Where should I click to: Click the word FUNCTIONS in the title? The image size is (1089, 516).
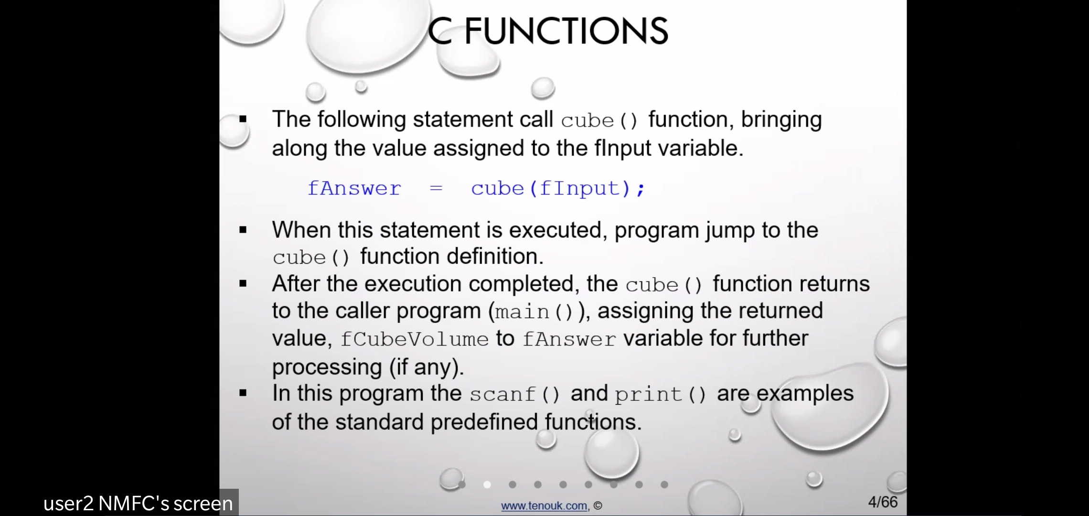pos(566,31)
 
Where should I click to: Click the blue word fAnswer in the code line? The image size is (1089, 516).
pos(354,188)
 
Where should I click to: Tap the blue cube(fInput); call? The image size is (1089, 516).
pos(558,189)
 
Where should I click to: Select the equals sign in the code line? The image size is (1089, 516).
pos(436,188)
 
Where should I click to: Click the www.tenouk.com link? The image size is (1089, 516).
pos(544,505)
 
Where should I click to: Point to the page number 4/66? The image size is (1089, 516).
pos(883,502)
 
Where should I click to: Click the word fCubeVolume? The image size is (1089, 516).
pos(415,339)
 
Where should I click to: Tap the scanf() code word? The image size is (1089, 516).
pos(514,394)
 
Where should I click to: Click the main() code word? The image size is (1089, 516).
pos(534,312)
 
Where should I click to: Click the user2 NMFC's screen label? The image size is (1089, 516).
pos(138,504)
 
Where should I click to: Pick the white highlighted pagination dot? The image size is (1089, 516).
pos(487,484)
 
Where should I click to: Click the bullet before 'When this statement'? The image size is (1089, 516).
pos(243,230)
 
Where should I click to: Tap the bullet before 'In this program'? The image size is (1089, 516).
pos(243,394)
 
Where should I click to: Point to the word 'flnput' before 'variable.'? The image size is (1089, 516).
pos(623,148)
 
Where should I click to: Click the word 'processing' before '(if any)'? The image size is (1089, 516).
pos(327,367)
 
